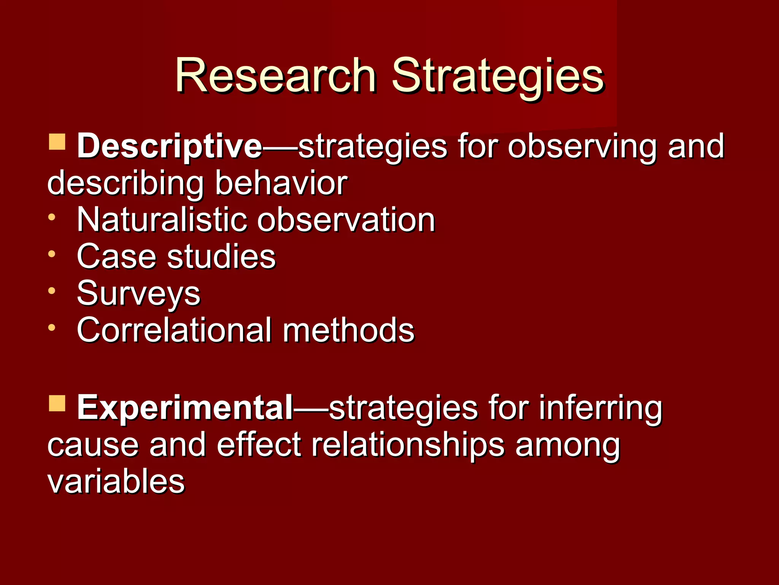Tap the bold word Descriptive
pos(169,147)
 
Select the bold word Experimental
pos(185,408)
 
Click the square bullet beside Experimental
pos(57,403)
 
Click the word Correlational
pos(174,330)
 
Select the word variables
pos(116,481)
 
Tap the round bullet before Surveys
pos(52,291)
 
